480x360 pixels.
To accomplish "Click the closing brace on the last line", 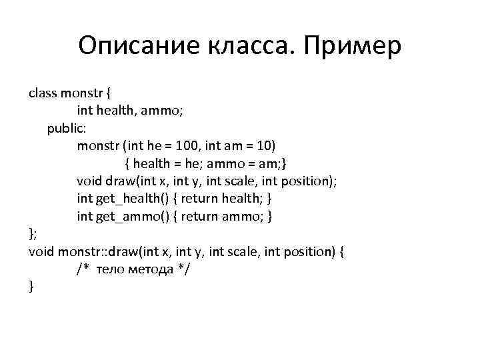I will tap(31, 287).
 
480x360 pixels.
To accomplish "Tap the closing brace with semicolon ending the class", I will tap(32, 233).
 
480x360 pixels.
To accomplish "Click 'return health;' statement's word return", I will tap(200, 199).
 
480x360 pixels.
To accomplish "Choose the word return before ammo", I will tap(200, 216).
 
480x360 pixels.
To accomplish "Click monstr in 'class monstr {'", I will tap(79, 93).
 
